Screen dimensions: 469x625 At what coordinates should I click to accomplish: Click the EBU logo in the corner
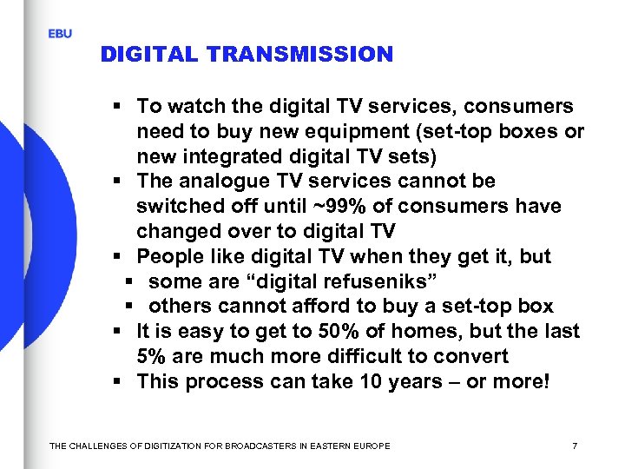point(60,34)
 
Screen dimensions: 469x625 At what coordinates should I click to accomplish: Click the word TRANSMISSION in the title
point(300,55)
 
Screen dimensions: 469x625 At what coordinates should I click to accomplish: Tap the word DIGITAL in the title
point(151,55)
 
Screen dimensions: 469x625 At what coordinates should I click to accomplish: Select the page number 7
point(575,446)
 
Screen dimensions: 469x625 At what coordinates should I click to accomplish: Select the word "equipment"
point(335,131)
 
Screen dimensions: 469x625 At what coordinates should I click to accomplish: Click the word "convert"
point(476,357)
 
